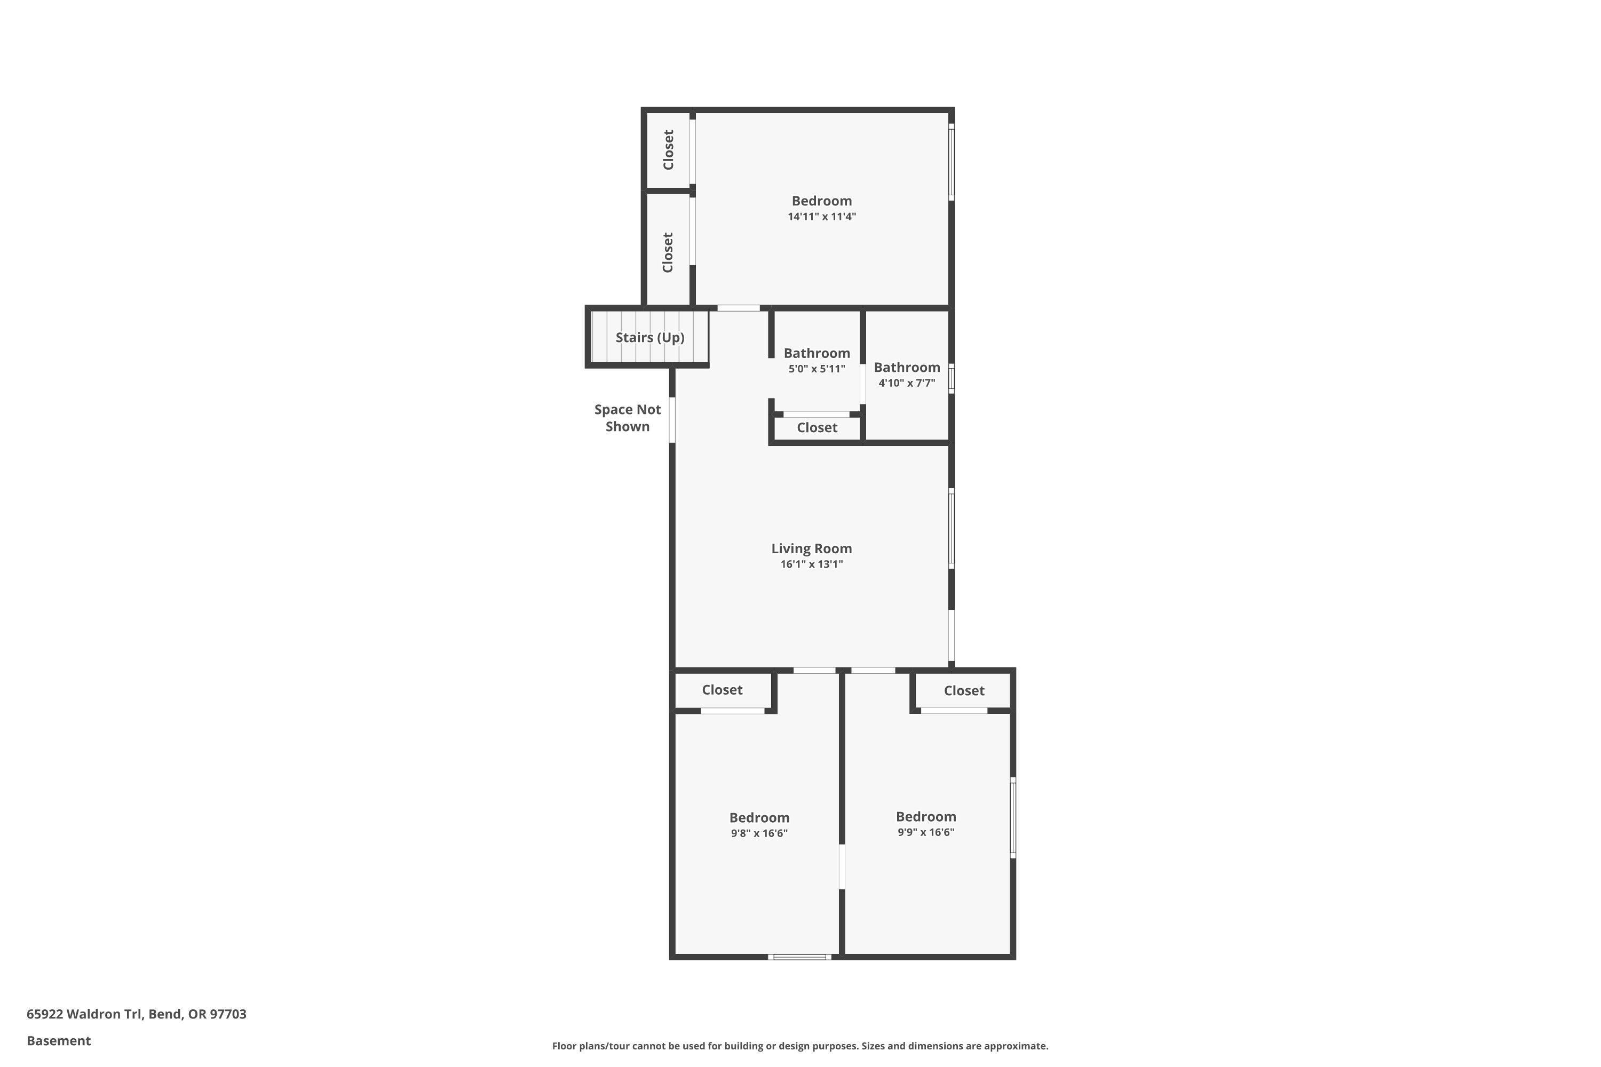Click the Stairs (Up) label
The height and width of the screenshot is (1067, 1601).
pyautogui.click(x=649, y=338)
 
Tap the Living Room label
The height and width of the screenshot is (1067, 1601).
pyautogui.click(x=811, y=548)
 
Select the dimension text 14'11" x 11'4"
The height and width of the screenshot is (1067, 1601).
pyautogui.click(x=822, y=217)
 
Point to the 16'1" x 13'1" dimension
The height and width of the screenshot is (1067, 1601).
pyautogui.click(x=811, y=564)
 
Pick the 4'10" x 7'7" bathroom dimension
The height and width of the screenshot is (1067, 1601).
pyautogui.click(x=907, y=383)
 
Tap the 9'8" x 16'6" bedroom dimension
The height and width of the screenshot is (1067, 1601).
pyautogui.click(x=759, y=833)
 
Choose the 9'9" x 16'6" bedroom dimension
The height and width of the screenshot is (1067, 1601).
pyautogui.click(x=926, y=832)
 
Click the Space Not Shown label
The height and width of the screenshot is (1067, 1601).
pyautogui.click(x=627, y=418)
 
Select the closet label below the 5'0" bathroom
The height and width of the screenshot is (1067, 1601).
pyautogui.click(x=817, y=428)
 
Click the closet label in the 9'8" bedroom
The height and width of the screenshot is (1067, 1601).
pyautogui.click(x=722, y=690)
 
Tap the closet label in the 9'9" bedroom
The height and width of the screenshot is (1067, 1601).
pyautogui.click(x=964, y=691)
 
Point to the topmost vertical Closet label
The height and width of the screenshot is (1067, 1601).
pyautogui.click(x=669, y=150)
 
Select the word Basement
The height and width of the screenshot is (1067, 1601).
pyautogui.click(x=59, y=1040)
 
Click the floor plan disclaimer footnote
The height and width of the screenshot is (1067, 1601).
pyautogui.click(x=800, y=1046)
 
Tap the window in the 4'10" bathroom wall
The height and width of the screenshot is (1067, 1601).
pyautogui.click(x=952, y=378)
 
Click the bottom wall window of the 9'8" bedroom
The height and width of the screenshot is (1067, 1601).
pyautogui.click(x=800, y=957)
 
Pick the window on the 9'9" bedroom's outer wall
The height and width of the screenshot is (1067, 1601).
pyautogui.click(x=1013, y=818)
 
